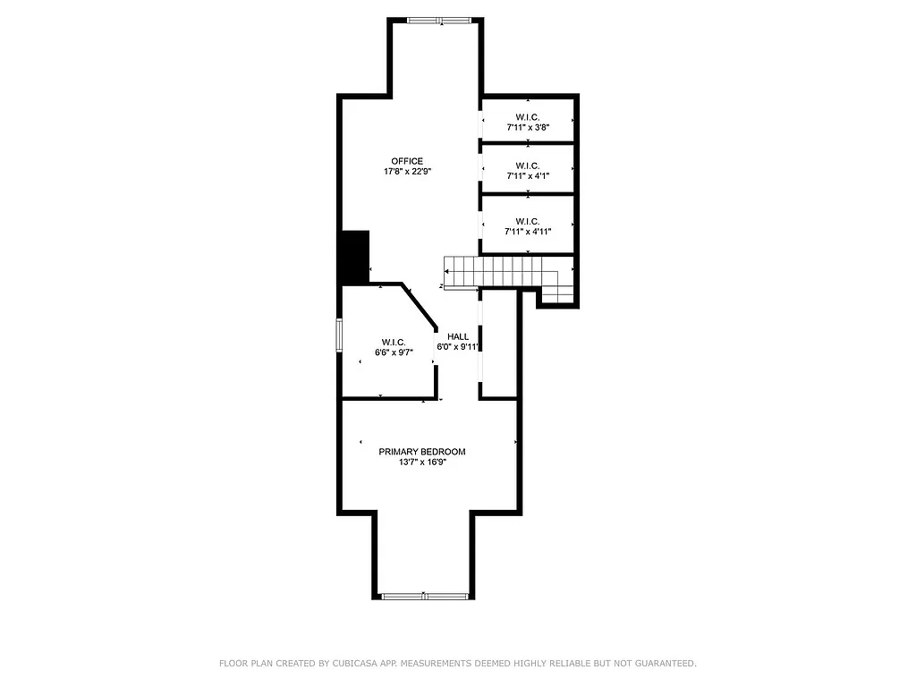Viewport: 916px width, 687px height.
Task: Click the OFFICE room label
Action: (x=407, y=161)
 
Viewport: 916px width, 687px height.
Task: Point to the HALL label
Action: (x=458, y=336)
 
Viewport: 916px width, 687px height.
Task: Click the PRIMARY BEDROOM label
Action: (x=422, y=452)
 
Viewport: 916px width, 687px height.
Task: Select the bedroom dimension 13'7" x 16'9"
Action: (x=422, y=462)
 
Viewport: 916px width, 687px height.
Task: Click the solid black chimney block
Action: (x=355, y=257)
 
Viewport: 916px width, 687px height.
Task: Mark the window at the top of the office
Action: (x=434, y=21)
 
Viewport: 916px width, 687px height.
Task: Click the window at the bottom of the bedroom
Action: (x=423, y=595)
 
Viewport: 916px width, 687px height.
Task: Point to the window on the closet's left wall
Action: (x=339, y=335)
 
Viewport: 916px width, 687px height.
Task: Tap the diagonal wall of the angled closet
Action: (x=420, y=307)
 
